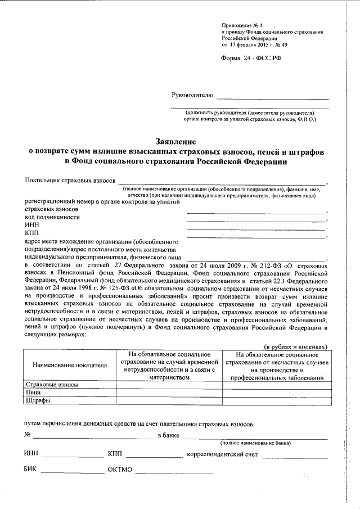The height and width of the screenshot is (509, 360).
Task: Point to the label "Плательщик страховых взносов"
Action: click(x=70, y=181)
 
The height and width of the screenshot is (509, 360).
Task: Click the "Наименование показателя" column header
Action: click(x=70, y=365)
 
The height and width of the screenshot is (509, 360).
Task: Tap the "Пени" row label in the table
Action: click(x=33, y=393)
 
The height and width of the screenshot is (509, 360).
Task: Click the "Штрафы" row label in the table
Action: click(x=37, y=401)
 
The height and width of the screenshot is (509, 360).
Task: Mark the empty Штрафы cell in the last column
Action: click(x=276, y=401)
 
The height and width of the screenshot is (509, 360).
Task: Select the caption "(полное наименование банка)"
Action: click(x=256, y=443)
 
